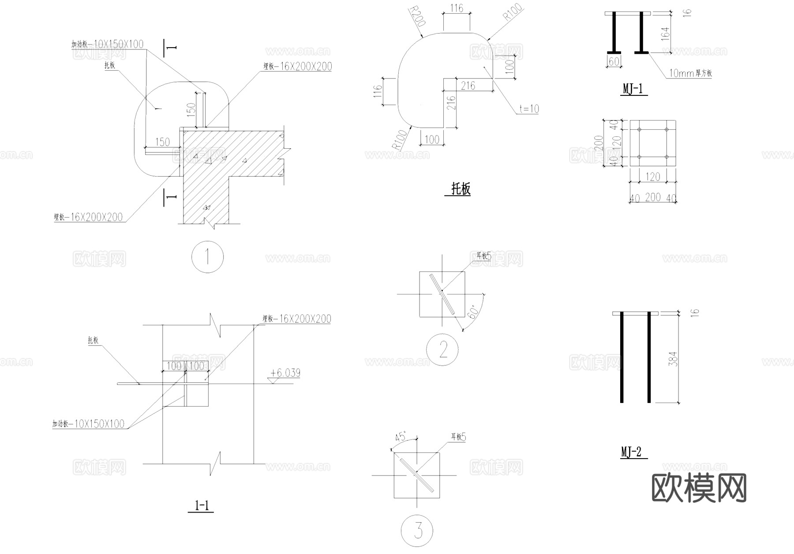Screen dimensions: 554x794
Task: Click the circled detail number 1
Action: (x=207, y=257)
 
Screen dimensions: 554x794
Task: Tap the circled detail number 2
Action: (x=442, y=350)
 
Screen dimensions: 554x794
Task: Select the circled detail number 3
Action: (x=417, y=530)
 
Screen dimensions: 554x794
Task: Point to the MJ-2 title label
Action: (x=631, y=452)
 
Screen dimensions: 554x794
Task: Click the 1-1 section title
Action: (x=202, y=505)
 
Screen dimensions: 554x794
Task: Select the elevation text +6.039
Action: (x=286, y=373)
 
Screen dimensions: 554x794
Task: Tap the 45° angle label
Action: (x=401, y=437)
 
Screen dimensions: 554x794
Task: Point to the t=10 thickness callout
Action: (x=529, y=109)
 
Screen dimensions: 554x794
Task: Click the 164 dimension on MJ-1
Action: (x=665, y=34)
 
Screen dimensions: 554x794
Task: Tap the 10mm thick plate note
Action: (x=690, y=73)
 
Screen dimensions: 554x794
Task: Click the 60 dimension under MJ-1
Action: (x=614, y=62)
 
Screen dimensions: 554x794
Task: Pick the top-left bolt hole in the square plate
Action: (x=639, y=130)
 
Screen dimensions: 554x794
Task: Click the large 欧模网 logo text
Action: (x=699, y=488)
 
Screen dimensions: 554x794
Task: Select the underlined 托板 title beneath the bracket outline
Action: (x=461, y=189)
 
